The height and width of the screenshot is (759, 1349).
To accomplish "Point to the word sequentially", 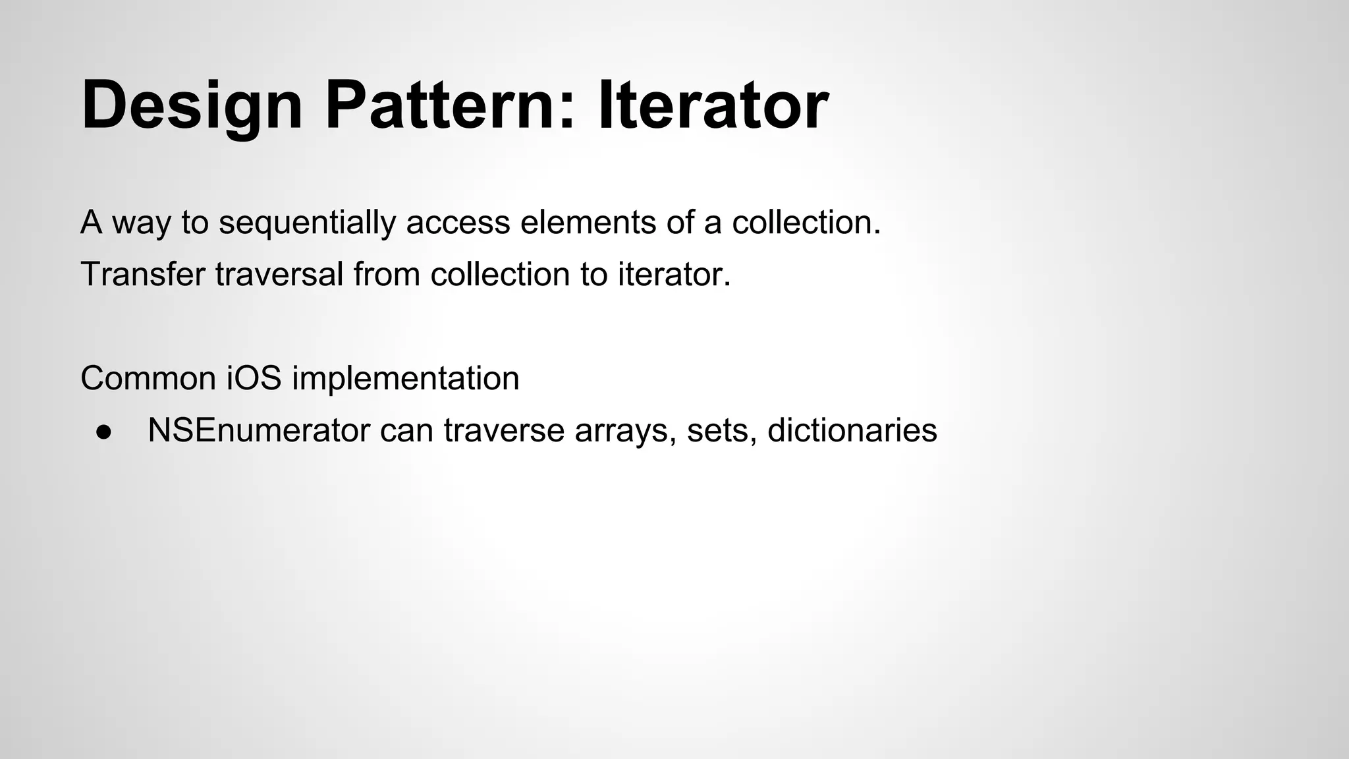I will point(307,223).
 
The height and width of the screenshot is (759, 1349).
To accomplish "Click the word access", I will point(458,223).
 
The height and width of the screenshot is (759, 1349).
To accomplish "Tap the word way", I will point(142,223).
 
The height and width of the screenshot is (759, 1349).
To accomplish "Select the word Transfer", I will point(143,274).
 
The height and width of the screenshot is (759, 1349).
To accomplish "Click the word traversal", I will point(279,274).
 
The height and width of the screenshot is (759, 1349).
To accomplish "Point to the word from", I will point(387,274).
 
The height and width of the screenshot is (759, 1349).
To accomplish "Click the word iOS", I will point(254,378).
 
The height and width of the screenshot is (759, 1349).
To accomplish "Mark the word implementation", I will point(406,378).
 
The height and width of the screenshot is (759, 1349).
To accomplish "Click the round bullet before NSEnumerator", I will point(103,432).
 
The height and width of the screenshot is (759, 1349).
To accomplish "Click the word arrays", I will point(625,432).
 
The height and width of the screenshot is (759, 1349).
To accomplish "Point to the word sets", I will point(721,430).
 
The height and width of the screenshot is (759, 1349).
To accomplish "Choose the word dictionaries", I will point(852,430).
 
